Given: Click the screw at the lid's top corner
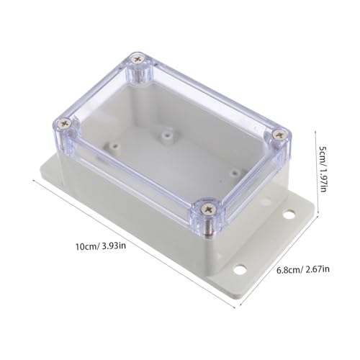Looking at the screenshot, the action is coord(138,59).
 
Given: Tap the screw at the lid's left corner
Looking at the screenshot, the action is coord(66,124).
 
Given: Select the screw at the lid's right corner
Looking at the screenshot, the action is coord(279,135).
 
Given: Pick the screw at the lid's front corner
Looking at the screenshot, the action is coord(208,210).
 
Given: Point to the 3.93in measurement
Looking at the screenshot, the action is coord(114,246).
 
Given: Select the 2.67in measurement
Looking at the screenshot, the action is coord(318,269).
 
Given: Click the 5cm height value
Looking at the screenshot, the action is coord(322,154).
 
